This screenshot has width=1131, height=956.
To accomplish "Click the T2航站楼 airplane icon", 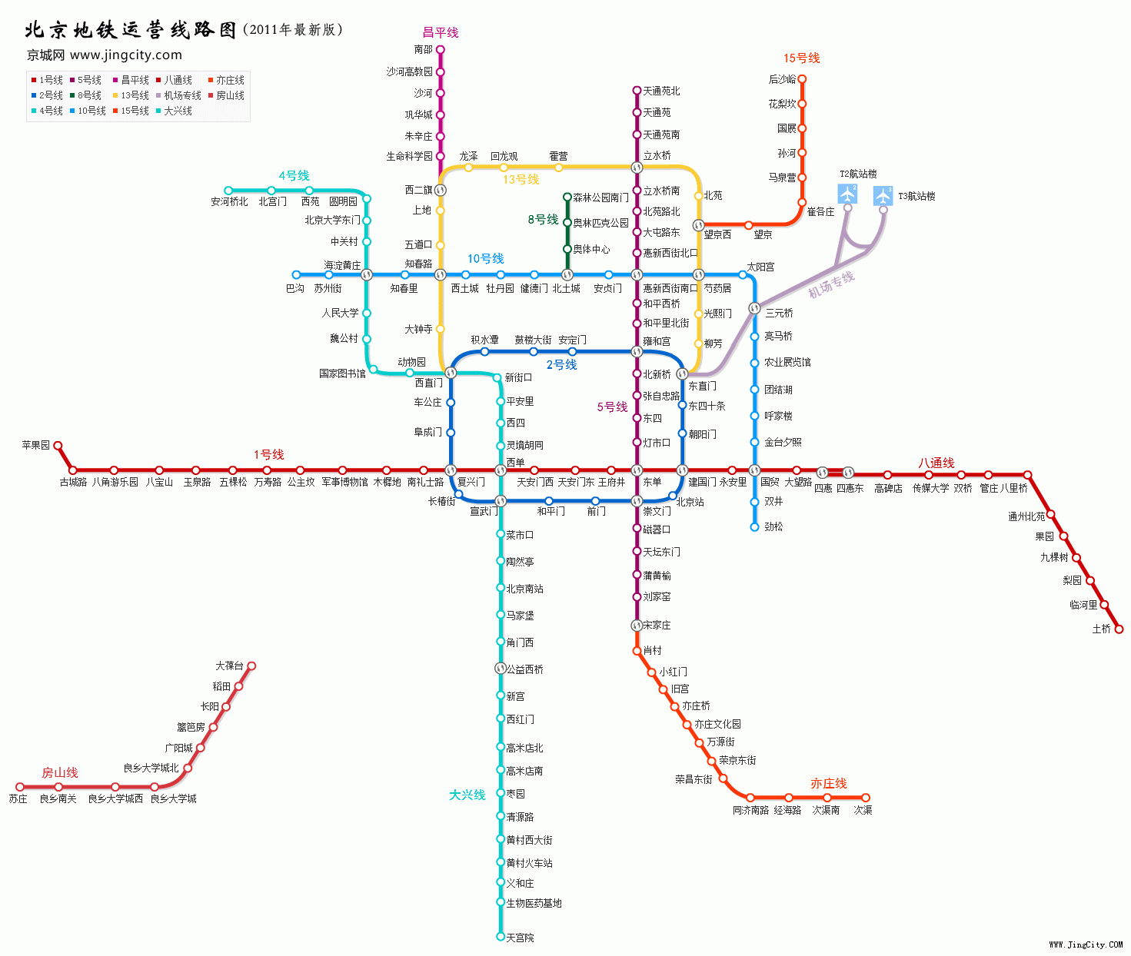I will pos(847,193).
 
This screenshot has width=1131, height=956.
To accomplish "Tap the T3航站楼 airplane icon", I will pos(883,196).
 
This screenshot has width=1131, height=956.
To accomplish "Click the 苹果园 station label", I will pos(35,445).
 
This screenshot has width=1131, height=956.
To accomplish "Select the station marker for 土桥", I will pos(1119,629).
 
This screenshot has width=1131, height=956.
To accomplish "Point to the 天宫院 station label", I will pos(520,938).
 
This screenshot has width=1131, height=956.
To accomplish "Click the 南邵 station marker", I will pos(441,49).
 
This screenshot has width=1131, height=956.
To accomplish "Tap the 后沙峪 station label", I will pos(782,79).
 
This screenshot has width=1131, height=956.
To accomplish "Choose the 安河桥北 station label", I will pos(229,202).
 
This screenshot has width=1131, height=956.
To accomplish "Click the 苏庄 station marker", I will pos(20,787).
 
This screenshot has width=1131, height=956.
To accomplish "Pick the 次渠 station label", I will pos(863,810).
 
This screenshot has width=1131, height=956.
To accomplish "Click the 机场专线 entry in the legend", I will pos(182,95).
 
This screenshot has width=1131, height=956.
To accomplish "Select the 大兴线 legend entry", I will pos(178,111).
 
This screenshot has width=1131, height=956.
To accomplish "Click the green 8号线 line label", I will pos(543,220).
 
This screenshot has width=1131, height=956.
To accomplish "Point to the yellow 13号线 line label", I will pos(521,179).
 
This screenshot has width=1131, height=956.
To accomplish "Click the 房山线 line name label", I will pos(59,772).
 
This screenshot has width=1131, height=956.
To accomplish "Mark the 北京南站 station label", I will pos(524,589).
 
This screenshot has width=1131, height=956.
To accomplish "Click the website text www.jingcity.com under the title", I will pos(126,55).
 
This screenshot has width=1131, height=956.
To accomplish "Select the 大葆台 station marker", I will pos(251,666).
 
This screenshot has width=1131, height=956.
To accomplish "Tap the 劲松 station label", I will pos(773,526).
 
